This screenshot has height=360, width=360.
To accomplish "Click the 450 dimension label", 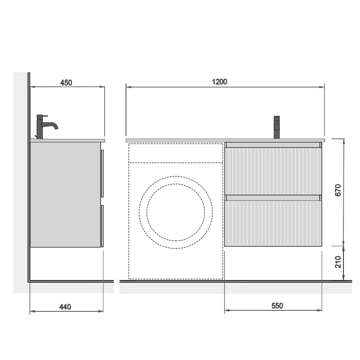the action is tap(66, 83).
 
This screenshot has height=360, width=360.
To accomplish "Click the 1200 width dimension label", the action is tap(220, 82).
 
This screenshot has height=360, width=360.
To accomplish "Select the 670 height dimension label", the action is tap(338, 190).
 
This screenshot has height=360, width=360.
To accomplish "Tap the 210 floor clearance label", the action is tap(338, 262).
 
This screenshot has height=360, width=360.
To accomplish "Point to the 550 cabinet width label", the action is tap(277, 306).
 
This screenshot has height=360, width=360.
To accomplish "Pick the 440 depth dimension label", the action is tap(65, 307).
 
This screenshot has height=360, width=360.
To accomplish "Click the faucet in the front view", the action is tap(276, 127).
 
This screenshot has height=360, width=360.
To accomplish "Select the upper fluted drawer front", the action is tap(273, 171).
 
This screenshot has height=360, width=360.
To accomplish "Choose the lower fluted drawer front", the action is tap(273, 224).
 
